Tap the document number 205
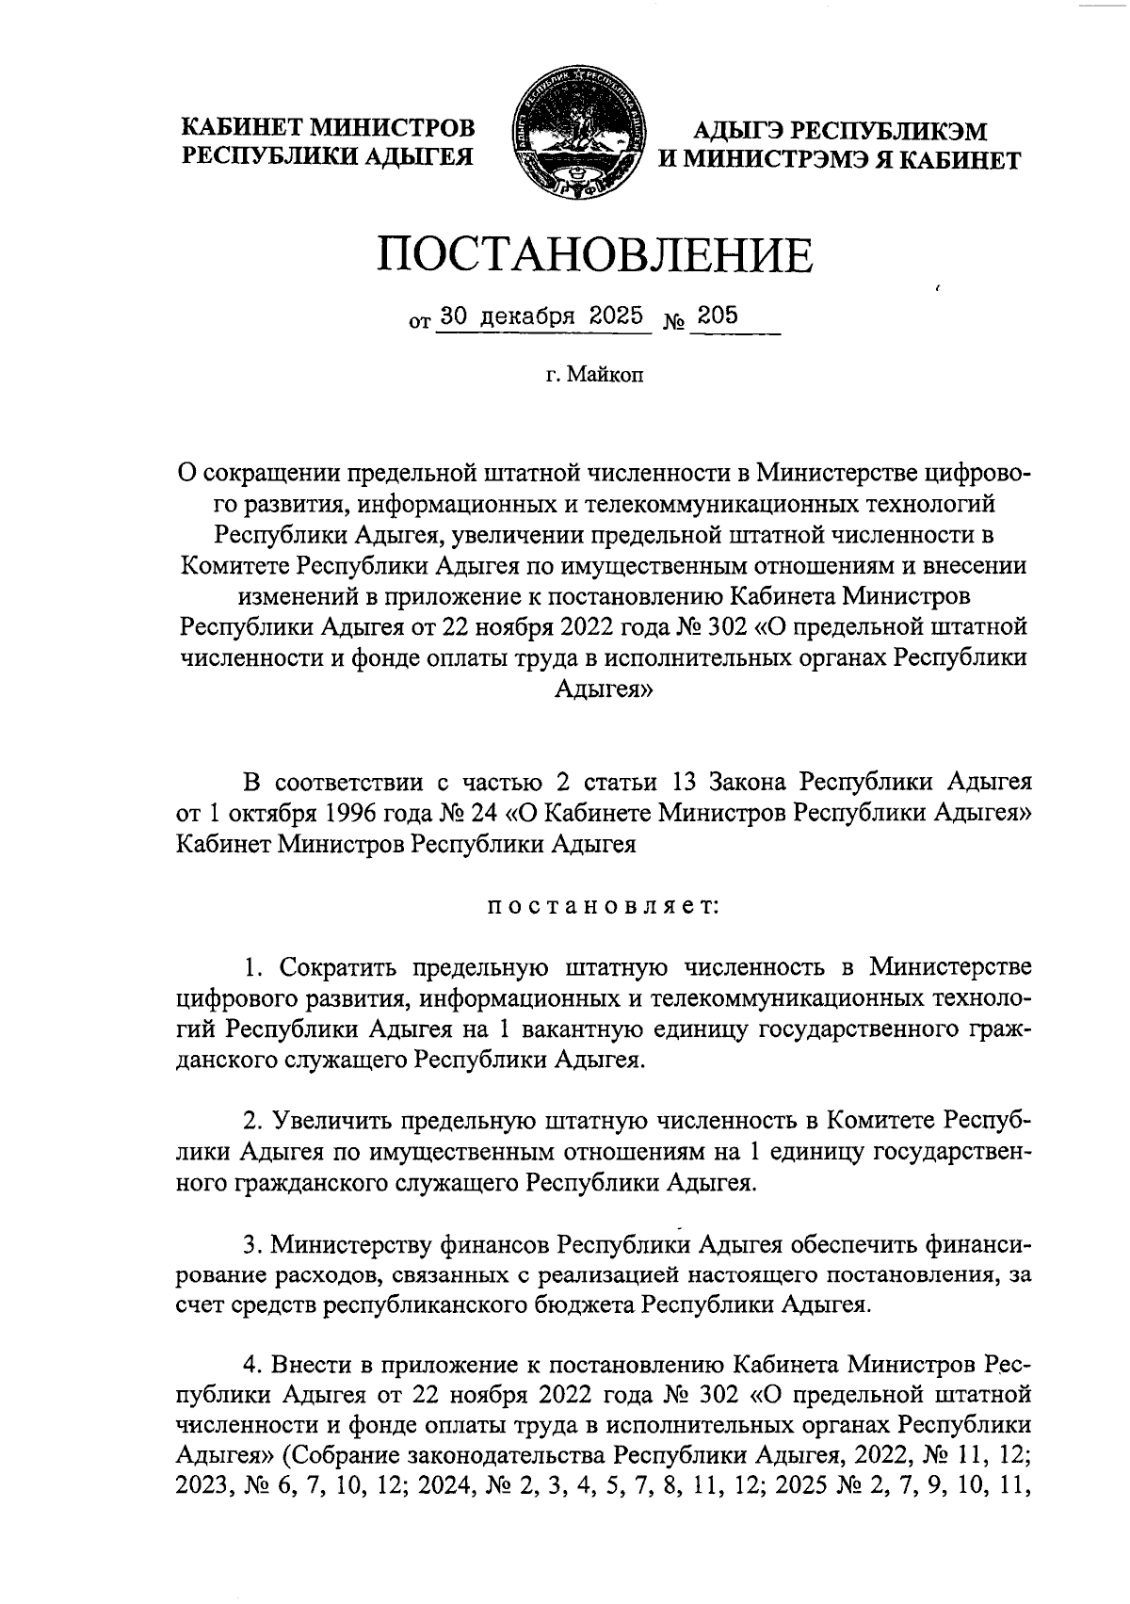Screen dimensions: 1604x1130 [x=718, y=316]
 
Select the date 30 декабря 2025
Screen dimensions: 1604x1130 [x=541, y=316]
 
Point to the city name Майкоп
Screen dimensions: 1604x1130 [x=607, y=377]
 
